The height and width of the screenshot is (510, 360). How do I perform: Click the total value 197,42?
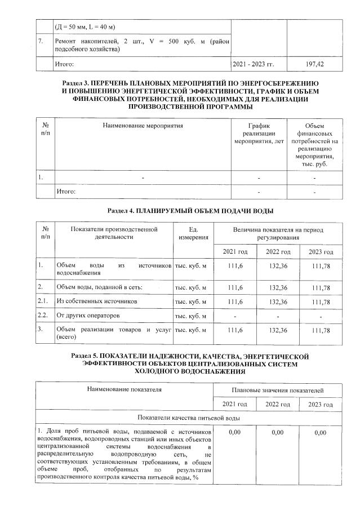(314, 65)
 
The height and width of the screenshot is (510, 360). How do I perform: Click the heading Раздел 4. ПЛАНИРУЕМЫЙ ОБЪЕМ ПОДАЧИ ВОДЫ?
(190, 210)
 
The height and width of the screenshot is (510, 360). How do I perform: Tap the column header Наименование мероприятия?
(143, 125)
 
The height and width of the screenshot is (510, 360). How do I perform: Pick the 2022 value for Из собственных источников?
(278, 302)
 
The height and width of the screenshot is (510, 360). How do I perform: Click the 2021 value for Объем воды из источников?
(235, 268)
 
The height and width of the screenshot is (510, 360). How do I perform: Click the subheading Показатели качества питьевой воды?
(190, 419)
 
